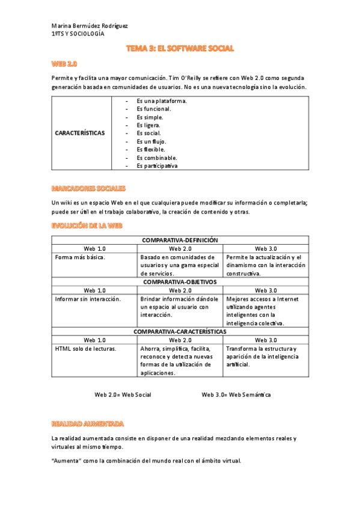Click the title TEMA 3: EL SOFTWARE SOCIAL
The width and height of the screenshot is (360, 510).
tap(180, 48)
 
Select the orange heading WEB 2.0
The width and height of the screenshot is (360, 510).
tap(64, 63)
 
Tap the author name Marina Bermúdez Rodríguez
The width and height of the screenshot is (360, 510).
tap(90, 26)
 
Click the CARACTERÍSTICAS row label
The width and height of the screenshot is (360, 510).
tap(80, 133)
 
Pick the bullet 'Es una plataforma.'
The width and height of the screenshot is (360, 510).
tap(161, 101)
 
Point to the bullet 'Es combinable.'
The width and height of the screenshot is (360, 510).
tap(157, 158)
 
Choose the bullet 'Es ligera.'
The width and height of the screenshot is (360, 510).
tap(148, 125)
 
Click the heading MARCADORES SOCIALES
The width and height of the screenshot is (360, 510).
tap(88, 188)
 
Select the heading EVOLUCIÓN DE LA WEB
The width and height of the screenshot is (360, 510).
tap(87, 225)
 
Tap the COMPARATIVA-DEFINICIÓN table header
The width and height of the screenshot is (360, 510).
tap(180, 240)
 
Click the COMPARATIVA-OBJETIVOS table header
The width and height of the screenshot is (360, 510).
tap(180, 281)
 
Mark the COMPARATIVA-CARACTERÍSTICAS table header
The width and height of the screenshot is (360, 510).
tap(180, 331)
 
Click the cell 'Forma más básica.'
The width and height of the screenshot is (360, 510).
tap(80, 257)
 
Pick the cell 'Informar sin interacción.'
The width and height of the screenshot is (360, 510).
tap(88, 299)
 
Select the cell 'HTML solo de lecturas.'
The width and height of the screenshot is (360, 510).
tap(86, 348)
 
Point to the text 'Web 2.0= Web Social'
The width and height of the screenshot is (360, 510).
tap(123, 395)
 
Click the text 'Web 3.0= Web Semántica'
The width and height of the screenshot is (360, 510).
tap(236, 395)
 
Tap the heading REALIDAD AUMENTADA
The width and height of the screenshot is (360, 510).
tap(88, 423)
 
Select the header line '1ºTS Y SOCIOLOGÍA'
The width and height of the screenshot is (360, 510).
tap(78, 34)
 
